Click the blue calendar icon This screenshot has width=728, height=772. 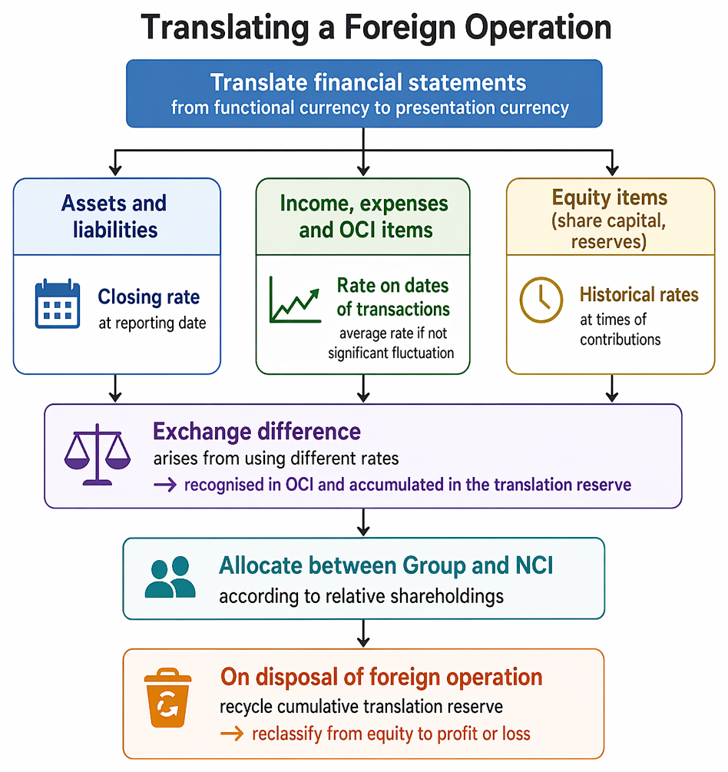[x=58, y=303]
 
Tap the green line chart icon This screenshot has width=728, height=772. [x=295, y=300]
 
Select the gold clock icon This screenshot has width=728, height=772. [x=541, y=300]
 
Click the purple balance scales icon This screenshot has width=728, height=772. [x=98, y=455]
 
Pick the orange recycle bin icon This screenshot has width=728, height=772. [x=167, y=697]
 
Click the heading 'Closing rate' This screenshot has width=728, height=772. [x=149, y=297]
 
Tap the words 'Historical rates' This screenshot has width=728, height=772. [x=639, y=294]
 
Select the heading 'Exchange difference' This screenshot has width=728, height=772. [x=256, y=431]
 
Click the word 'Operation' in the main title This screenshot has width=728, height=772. [x=538, y=28]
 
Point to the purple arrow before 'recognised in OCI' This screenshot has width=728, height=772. [x=165, y=485]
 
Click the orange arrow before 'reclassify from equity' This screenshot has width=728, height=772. [x=232, y=734]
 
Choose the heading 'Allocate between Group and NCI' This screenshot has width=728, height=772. [x=386, y=565]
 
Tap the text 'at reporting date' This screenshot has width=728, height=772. [x=152, y=323]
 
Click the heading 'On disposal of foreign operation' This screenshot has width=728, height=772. [x=381, y=677]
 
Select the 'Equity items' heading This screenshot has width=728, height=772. [x=610, y=197]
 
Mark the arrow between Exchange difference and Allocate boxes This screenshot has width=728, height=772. [x=363, y=522]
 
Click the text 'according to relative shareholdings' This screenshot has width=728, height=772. [x=361, y=596]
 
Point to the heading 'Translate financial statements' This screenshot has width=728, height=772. [x=368, y=83]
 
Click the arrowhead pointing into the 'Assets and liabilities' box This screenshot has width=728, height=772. [x=115, y=171]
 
